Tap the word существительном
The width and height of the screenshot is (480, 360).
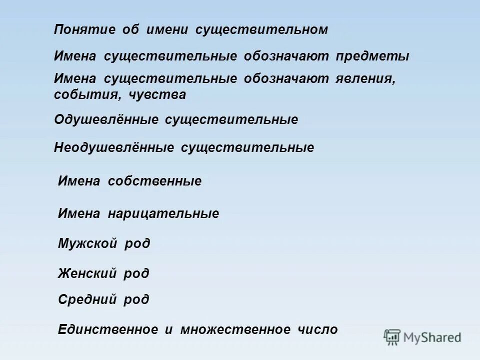click(x=261, y=30)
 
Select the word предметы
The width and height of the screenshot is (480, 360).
click(x=372, y=56)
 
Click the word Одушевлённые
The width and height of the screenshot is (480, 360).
click(x=106, y=120)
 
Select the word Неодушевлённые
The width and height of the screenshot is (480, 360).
click(x=114, y=147)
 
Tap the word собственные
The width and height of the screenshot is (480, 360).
click(x=155, y=181)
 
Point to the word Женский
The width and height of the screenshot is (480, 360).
click(x=87, y=273)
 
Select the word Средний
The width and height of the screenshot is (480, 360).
click(x=87, y=299)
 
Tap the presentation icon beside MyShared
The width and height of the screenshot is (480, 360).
click(x=392, y=337)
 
